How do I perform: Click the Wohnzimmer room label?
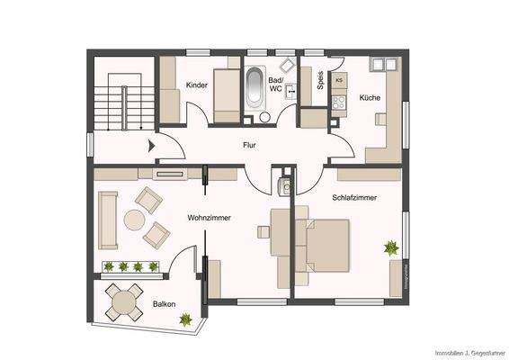click(x=206, y=218)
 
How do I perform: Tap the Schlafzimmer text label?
click(x=353, y=197)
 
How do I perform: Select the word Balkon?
click(x=164, y=304)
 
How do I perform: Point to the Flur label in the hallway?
click(x=250, y=144)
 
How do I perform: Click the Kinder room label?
click(x=196, y=85)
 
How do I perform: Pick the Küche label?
click(x=369, y=97)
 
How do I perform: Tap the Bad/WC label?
click(x=277, y=85)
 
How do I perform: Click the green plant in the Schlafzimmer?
click(x=391, y=246)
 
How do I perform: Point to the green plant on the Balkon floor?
click(x=186, y=318)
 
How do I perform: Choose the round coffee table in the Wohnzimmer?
click(x=135, y=219)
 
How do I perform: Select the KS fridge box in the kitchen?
click(x=339, y=80)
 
